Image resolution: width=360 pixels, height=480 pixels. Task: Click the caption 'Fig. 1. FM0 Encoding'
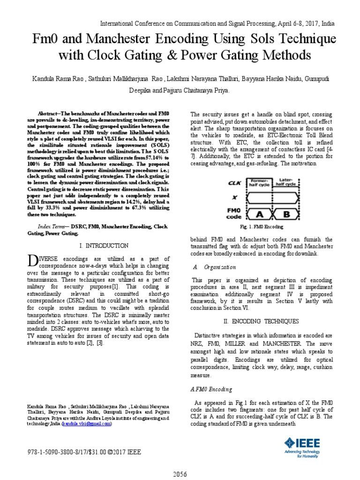click(x=262, y=227)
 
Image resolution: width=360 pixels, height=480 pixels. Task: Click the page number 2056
click(x=180, y=474)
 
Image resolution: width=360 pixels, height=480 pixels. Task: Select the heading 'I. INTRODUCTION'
click(x=104, y=245)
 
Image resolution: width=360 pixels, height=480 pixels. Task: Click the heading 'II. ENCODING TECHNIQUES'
click(x=262, y=321)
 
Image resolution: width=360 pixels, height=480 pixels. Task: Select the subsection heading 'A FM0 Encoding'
click(x=211, y=390)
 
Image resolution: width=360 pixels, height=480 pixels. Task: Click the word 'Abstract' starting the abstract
click(x=49, y=114)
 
